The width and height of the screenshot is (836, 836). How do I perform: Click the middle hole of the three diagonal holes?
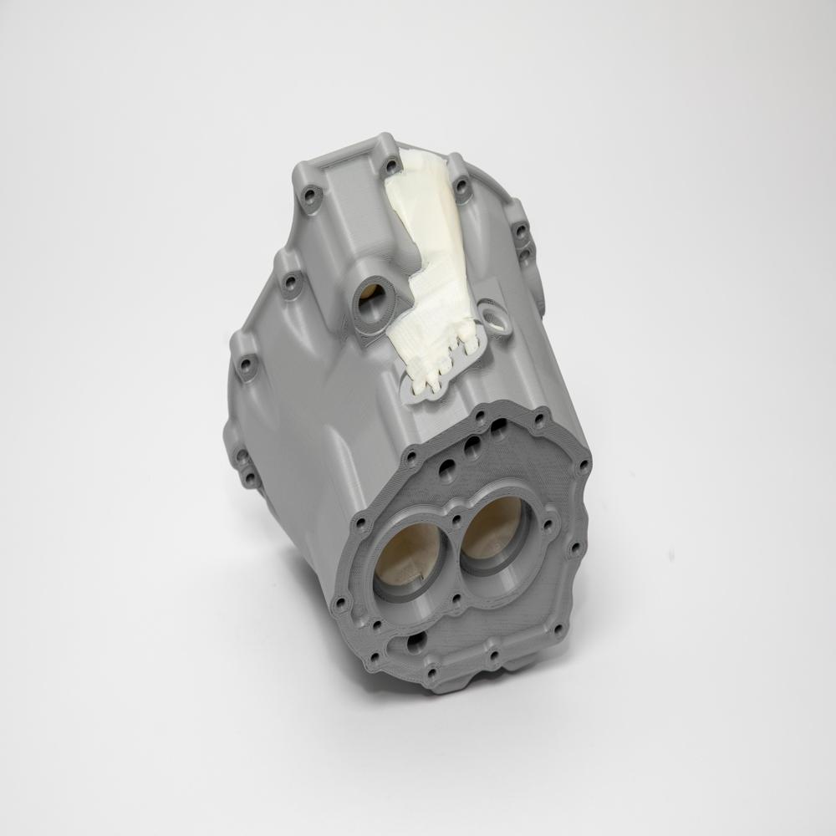[x=472, y=443]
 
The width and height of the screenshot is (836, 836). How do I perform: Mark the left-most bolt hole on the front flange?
[x=339, y=603]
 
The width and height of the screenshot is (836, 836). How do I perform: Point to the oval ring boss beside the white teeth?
[x=498, y=318]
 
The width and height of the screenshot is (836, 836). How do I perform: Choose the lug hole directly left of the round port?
[x=290, y=282]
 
